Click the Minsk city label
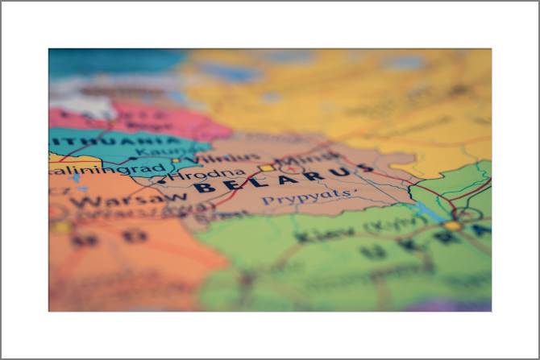click(x=301, y=157)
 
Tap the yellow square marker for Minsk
click(x=266, y=168)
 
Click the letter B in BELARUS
click(x=203, y=188)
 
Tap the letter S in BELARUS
click(x=367, y=168)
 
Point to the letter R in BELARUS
click(x=309, y=176)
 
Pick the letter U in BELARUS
click(x=339, y=172)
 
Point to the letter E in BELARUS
click(x=231, y=185)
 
